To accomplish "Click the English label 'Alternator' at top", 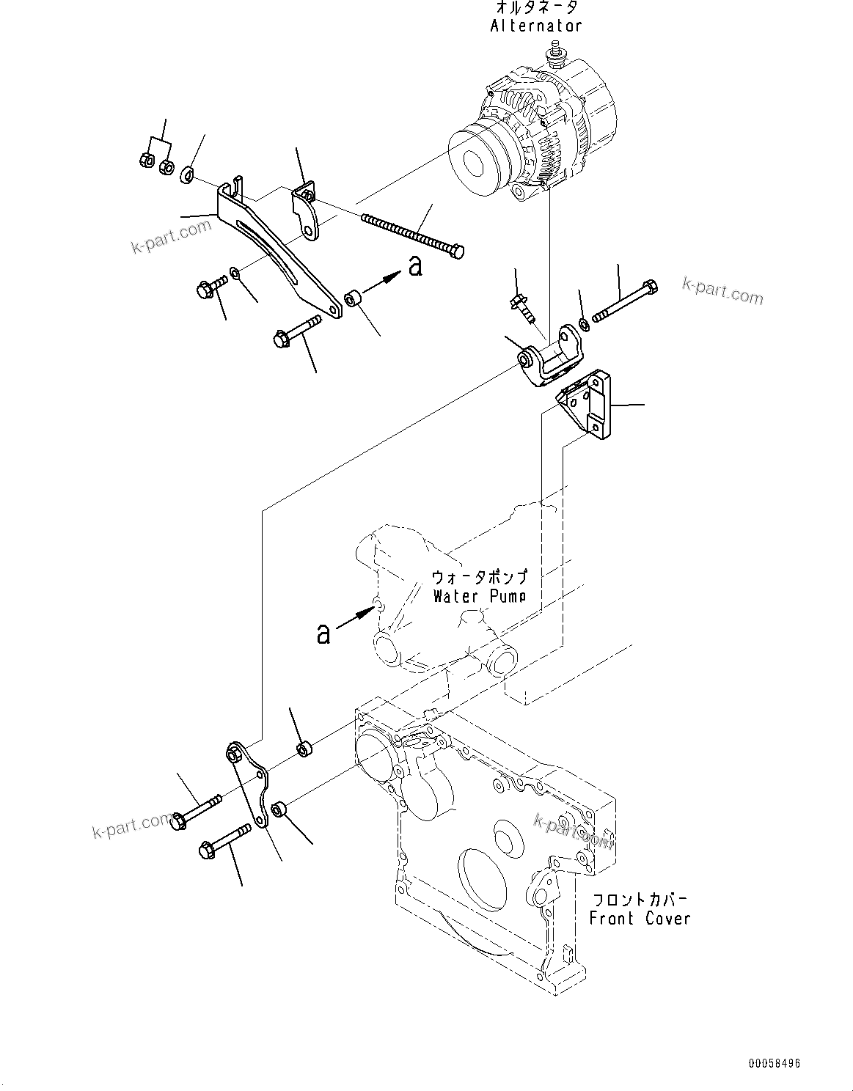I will (536, 26).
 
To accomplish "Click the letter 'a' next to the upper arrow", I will (415, 265).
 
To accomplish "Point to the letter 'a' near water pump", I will (323, 633).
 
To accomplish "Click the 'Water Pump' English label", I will (479, 596).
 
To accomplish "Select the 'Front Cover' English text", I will (640, 918).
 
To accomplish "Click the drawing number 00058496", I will (775, 1063).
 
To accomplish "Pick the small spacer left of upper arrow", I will (354, 299).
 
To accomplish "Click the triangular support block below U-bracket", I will (587, 405).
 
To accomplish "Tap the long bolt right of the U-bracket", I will (623, 302).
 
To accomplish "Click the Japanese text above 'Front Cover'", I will (640, 899).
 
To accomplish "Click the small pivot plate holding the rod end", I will (306, 213).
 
